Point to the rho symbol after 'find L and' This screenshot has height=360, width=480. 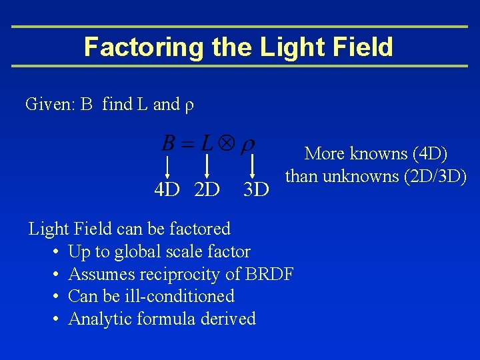[189, 105]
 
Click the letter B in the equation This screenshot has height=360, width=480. [169, 143]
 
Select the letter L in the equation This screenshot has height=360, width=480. [207, 143]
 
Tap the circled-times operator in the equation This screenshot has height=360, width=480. [226, 143]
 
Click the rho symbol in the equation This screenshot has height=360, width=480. [247, 144]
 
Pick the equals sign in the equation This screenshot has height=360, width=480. [187, 143]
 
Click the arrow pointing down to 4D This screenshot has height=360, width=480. [167, 165]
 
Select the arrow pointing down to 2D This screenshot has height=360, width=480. [207, 165]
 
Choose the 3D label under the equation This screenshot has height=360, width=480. [255, 191]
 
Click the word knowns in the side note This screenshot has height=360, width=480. [371, 154]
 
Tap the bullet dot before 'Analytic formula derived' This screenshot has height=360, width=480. [53, 319]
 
